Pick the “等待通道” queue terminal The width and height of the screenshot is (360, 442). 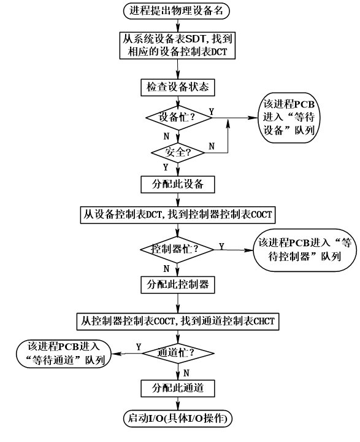click(59, 354)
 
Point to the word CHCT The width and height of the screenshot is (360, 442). click(265, 320)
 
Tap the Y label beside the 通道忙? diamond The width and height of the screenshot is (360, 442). click(139, 347)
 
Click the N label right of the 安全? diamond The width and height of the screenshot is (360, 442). click(212, 146)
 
